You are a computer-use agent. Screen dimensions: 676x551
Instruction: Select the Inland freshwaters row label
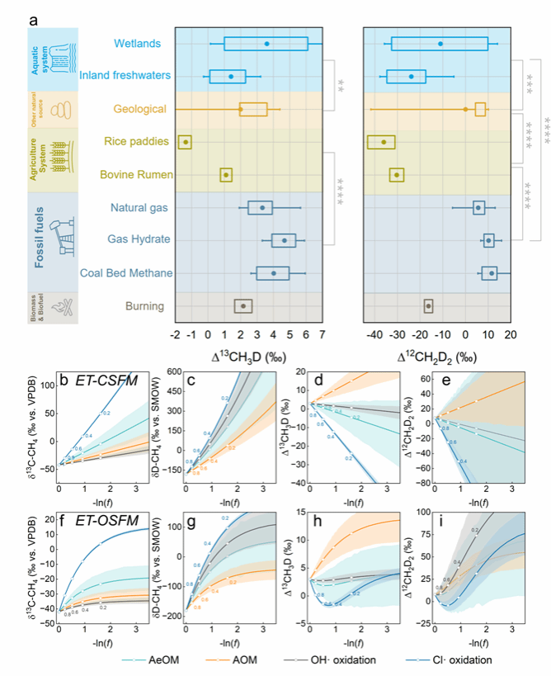click(x=125, y=76)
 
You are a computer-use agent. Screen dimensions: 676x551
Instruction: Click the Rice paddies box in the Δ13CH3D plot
click(x=185, y=142)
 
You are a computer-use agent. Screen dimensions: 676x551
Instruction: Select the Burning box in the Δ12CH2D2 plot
click(x=428, y=306)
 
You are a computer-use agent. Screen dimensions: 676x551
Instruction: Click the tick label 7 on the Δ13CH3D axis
click(x=322, y=335)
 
